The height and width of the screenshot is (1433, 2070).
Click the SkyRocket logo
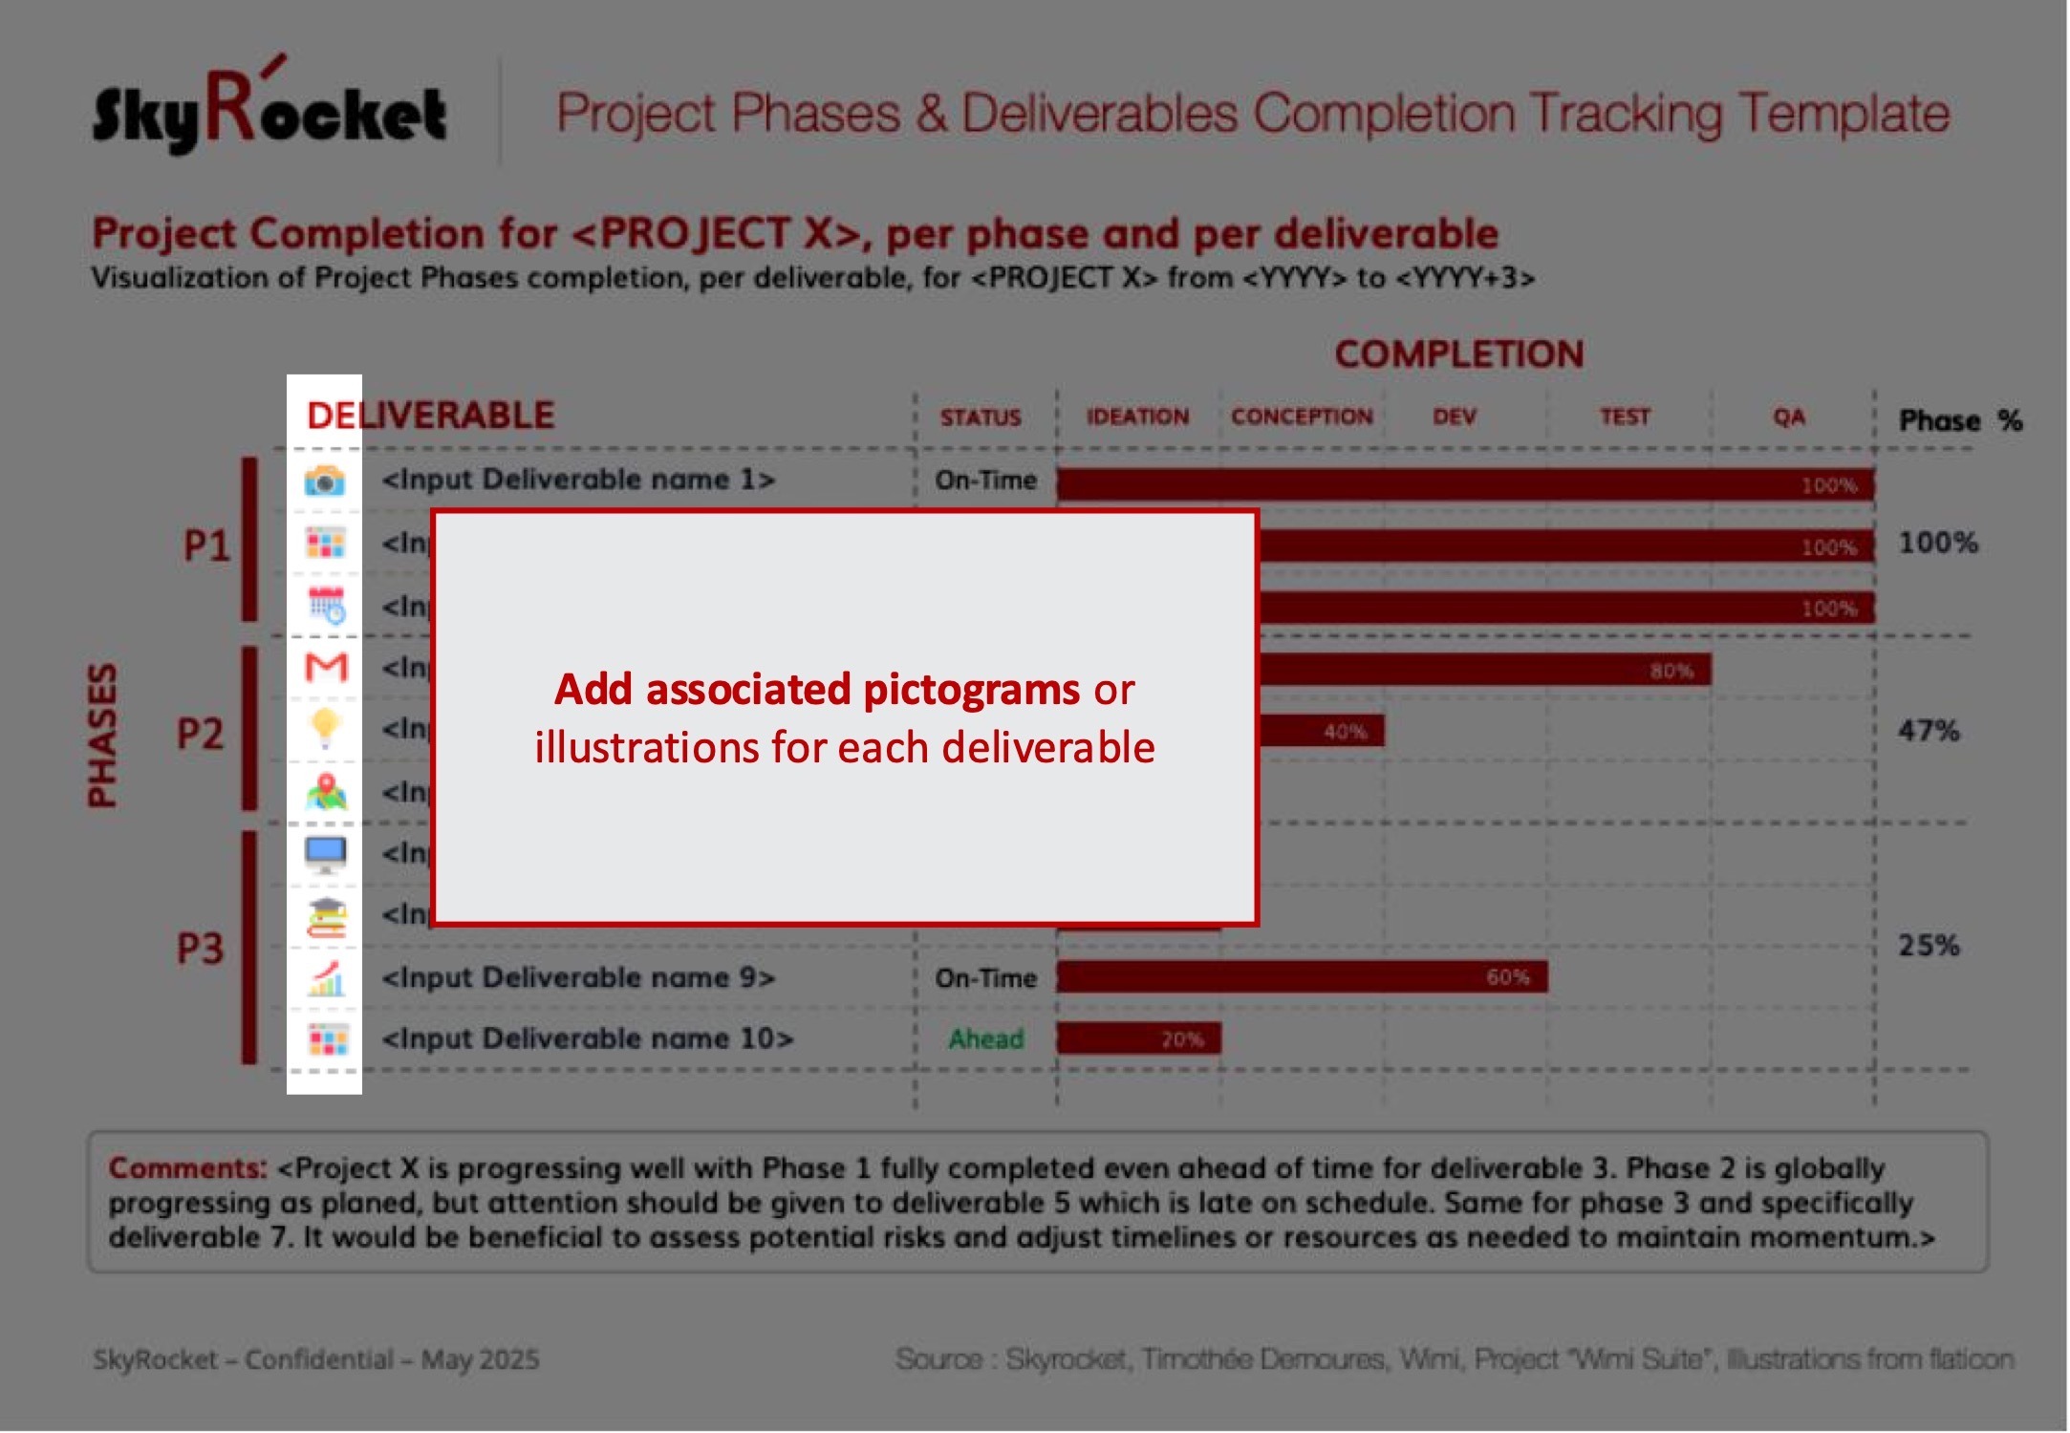pos(269,110)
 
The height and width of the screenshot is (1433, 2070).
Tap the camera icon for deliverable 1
pos(325,481)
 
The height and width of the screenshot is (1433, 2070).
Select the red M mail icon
pos(326,667)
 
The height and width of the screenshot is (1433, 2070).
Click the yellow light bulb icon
pos(326,728)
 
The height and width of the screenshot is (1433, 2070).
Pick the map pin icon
pos(326,792)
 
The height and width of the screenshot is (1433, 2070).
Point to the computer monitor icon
pos(326,853)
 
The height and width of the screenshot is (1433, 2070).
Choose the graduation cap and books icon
pos(326,916)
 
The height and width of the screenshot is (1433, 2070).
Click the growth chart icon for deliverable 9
pos(326,978)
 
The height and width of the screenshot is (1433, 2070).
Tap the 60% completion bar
pos(1302,977)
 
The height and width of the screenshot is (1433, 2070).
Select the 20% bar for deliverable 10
pos(1138,1038)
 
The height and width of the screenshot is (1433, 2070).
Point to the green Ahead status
pos(985,1038)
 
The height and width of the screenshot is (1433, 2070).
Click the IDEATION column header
pos(1137,417)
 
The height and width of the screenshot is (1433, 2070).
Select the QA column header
pos(1789,417)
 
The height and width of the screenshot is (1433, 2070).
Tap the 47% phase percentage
pos(1929,732)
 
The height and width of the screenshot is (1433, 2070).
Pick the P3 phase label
pos(200,949)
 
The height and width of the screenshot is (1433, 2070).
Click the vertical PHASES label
pos(102,735)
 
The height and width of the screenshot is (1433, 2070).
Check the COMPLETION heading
pos(1459,354)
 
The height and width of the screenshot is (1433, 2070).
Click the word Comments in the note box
pos(187,1168)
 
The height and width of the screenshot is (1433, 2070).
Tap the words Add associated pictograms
pos(817,690)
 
